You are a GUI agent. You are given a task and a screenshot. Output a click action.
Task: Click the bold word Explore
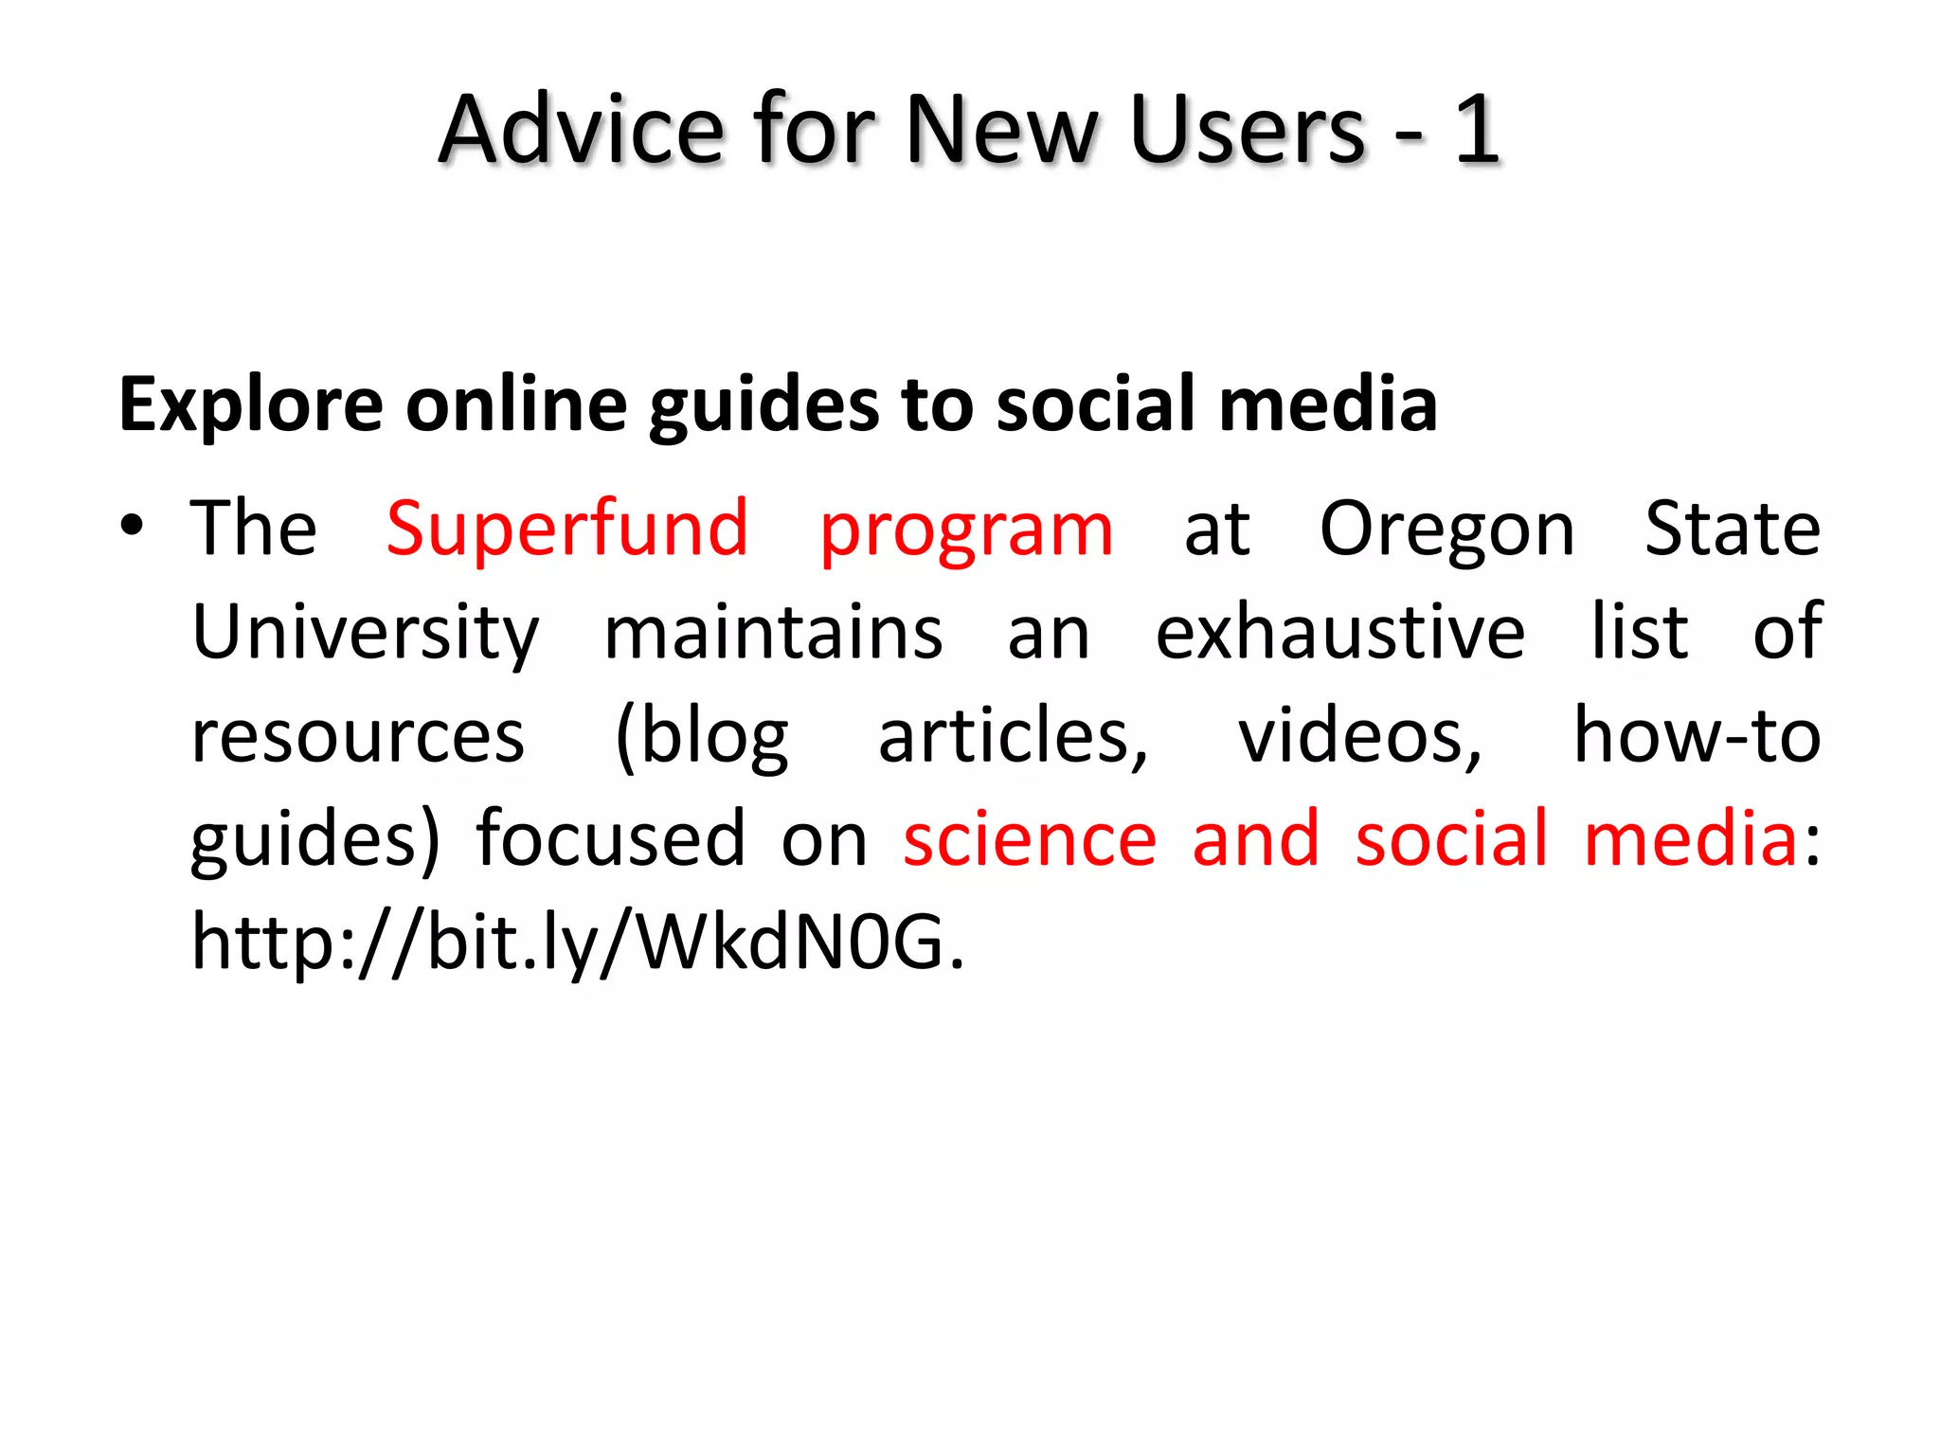click(x=250, y=405)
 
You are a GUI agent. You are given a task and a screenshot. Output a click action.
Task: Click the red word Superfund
click(x=566, y=529)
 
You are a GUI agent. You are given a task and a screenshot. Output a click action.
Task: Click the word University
click(x=365, y=633)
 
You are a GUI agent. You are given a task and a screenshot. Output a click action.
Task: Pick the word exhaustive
click(x=1339, y=633)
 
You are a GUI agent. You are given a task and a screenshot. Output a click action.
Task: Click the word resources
click(x=357, y=737)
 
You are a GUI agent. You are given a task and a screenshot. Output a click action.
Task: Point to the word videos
click(x=1359, y=737)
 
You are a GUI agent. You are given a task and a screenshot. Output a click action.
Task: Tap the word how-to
click(x=1696, y=737)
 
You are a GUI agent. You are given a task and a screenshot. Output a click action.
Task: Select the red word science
click(x=1030, y=839)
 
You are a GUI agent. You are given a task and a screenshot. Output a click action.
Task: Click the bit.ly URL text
click(x=578, y=942)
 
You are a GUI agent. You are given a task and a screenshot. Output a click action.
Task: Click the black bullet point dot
click(x=132, y=528)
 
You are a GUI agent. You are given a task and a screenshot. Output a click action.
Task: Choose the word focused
click(x=610, y=839)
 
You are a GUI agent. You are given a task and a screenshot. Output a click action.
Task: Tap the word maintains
click(x=773, y=633)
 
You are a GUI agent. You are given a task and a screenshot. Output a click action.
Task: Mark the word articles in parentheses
click(x=1012, y=737)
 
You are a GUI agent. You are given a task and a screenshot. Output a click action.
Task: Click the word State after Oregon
click(x=1732, y=529)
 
